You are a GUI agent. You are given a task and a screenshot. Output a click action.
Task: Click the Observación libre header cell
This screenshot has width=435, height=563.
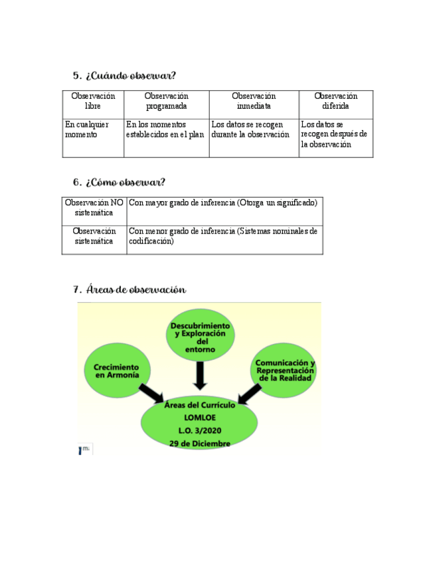(93, 102)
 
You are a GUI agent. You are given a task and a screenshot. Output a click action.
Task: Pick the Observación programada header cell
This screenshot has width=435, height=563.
(166, 102)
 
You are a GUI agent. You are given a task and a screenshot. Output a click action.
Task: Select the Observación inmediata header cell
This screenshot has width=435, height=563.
(254, 102)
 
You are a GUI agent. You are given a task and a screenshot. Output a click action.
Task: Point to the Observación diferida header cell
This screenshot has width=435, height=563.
(335, 102)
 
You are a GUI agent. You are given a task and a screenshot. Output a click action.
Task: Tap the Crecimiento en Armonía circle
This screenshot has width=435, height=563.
(117, 371)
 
